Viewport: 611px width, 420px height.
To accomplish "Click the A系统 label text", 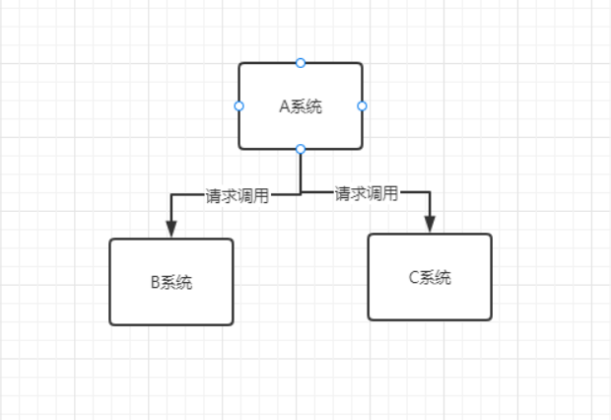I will point(301,106).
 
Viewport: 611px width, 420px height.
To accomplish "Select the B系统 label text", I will point(170,282).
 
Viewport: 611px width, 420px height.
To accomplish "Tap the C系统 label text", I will point(430,277).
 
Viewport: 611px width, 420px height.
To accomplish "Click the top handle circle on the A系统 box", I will point(301,63).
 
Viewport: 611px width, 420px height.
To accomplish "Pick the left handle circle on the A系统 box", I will point(238,105).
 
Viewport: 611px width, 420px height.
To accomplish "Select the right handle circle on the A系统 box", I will point(362,105).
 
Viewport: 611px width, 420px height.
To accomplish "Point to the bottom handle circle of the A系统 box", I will point(301,149).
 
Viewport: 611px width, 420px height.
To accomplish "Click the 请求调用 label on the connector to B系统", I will point(237,195).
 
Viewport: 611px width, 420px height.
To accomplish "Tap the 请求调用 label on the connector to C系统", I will point(367,193).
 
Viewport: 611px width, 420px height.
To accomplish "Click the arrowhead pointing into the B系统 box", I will point(171,229).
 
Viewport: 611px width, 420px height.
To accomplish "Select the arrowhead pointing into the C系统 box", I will point(430,224).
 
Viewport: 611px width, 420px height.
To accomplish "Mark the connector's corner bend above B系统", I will point(171,195).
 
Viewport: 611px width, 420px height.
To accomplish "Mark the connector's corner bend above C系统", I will point(430,192).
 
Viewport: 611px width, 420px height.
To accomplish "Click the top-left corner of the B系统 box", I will point(110,240).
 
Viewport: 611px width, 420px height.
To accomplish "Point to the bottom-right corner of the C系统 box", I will point(490,318).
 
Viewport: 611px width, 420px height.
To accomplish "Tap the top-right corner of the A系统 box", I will point(361,64).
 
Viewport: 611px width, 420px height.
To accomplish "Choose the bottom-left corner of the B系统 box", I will point(110,323).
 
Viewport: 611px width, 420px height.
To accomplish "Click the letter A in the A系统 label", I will point(284,106).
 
